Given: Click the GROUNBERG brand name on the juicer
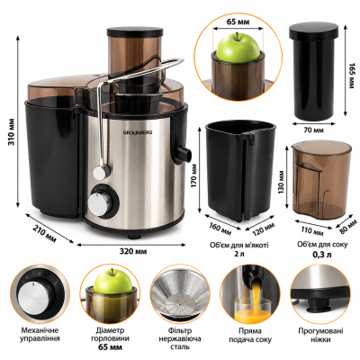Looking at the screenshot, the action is point(138,132).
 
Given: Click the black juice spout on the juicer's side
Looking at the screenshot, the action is point(184,153).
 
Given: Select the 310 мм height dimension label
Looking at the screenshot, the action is point(12,132).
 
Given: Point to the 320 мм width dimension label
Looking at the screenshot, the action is point(133,251).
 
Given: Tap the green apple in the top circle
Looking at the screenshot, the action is point(238,48).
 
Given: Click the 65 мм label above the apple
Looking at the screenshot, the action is point(238,22).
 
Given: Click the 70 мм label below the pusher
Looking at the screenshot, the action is point(313,130).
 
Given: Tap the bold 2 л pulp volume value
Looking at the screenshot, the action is point(238,255).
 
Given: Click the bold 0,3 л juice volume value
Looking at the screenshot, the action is point(322,255).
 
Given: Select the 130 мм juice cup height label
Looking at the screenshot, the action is point(281,183).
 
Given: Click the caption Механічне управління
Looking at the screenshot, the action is point(40,335).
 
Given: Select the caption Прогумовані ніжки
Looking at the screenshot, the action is point(320,335).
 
